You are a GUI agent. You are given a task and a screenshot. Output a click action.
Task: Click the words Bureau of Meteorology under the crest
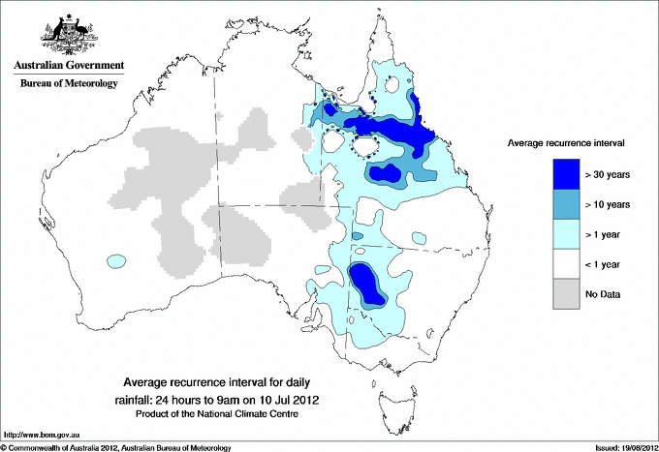69,84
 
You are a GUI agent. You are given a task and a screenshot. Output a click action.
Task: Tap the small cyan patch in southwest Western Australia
116,260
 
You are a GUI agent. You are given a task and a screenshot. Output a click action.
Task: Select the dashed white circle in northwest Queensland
365,147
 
